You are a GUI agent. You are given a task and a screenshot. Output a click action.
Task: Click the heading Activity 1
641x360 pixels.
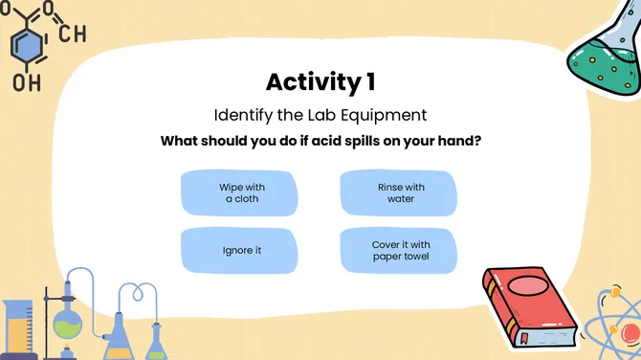click(320, 81)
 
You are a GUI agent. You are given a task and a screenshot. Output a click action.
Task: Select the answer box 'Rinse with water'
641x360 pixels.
click(400, 193)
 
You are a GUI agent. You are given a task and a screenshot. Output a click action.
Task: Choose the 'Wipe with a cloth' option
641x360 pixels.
click(242, 193)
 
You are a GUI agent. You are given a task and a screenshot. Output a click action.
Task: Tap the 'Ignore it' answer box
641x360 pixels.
click(242, 251)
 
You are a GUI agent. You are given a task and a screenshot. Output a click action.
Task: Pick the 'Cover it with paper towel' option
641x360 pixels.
click(400, 251)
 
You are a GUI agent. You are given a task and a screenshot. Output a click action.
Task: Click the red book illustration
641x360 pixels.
click(531, 306)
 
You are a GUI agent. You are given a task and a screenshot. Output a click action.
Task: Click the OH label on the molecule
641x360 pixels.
click(26, 83)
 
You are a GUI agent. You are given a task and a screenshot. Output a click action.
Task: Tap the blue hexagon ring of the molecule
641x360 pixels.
click(27, 43)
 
